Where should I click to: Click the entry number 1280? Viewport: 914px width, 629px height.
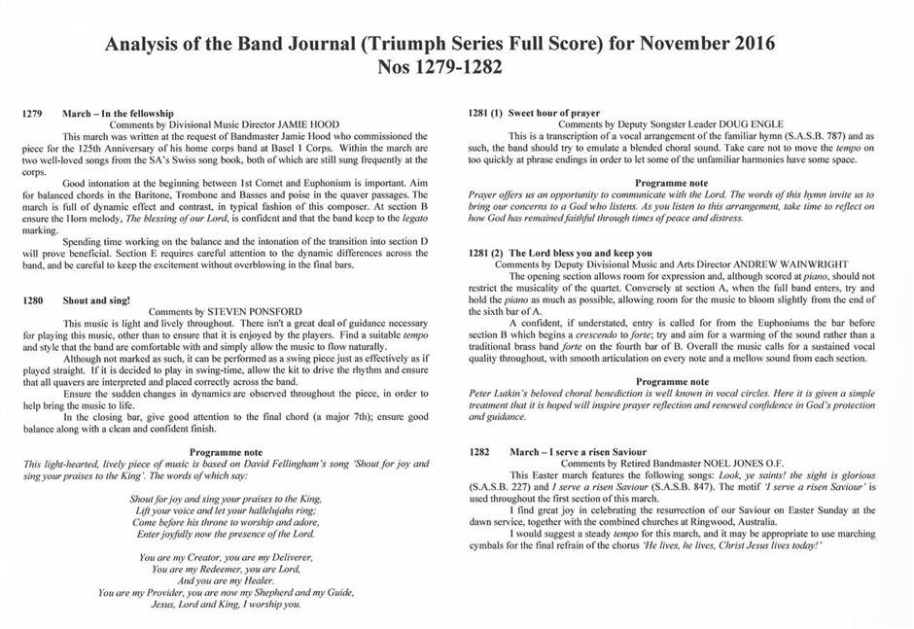32,301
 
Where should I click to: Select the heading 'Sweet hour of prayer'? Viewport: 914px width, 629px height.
554,114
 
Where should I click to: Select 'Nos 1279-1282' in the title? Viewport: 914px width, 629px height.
457,69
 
